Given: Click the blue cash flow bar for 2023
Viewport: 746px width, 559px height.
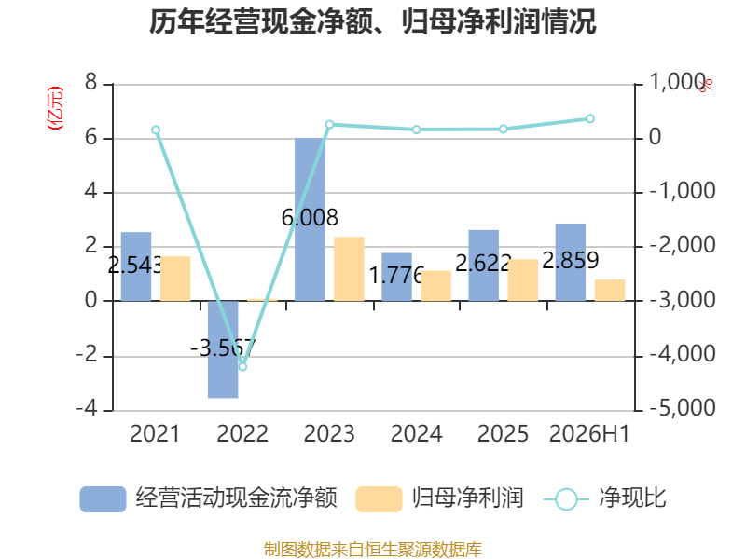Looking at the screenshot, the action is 310,220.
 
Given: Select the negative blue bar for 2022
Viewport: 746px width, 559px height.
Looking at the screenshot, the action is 223,349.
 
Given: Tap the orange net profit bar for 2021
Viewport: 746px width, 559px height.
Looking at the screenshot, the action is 175,279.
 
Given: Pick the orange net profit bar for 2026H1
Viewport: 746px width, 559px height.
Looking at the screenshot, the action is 610,290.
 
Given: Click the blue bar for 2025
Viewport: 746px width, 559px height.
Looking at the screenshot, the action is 484,266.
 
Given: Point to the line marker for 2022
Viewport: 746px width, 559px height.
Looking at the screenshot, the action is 242,366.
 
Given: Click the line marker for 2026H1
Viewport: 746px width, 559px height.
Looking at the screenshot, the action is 590,118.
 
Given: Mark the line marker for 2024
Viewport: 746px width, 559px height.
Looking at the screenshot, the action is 416,130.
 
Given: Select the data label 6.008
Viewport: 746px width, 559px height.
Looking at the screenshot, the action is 310,218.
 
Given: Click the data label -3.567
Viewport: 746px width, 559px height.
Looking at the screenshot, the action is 223,348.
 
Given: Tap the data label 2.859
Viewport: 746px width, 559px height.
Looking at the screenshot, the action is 571,261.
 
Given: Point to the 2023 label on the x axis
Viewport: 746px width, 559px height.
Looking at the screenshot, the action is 329,433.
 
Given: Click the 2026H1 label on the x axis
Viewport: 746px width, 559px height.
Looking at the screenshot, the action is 589,433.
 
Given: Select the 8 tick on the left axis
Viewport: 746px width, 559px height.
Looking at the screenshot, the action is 90,83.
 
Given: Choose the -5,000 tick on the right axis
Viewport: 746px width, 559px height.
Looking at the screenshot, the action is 683,408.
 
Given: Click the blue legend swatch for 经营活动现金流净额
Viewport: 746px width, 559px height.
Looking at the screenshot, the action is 103,499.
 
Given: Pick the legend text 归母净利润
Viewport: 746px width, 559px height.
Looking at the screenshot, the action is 468,498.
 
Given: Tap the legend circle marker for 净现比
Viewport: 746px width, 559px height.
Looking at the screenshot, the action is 566,499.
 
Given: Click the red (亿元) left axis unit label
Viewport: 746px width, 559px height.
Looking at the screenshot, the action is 55,108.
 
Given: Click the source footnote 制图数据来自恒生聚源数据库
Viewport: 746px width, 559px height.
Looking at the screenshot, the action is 373,550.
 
